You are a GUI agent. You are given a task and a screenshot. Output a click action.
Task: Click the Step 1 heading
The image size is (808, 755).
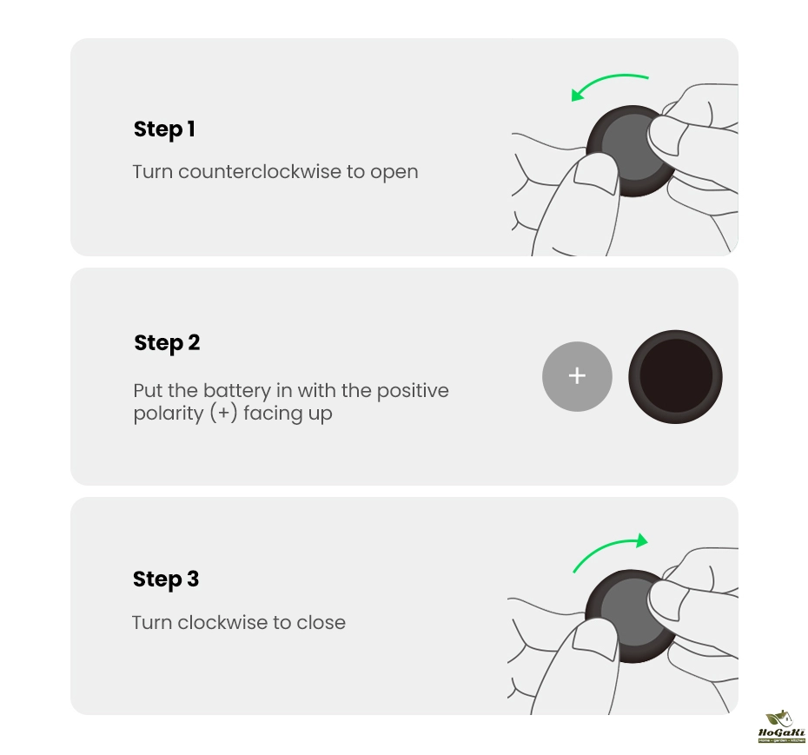click(164, 129)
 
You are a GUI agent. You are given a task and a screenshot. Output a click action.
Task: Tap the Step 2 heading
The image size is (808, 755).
click(167, 343)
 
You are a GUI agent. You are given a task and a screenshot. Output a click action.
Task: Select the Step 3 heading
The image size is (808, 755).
click(166, 579)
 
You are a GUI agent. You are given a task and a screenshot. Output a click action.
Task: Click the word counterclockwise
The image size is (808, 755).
click(260, 172)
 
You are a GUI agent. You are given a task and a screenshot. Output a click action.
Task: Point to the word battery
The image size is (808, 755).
click(237, 391)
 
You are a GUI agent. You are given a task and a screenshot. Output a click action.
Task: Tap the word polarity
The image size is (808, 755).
click(169, 414)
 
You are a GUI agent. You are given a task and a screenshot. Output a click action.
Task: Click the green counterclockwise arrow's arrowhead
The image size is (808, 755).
click(578, 95)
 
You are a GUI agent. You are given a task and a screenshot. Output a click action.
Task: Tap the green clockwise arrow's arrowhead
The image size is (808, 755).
click(641, 540)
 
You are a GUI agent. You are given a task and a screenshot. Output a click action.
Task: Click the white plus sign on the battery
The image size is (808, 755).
click(577, 375)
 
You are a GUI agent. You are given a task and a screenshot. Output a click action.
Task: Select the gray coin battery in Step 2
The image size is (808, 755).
click(577, 376)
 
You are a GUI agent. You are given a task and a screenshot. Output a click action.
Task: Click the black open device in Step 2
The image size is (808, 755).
click(675, 377)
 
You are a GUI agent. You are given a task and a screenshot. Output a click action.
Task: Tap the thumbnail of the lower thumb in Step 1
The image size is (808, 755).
click(596, 174)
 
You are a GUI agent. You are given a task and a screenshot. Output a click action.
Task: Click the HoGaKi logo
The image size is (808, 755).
click(781, 726)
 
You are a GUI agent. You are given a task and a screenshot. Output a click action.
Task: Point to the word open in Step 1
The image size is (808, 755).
click(394, 173)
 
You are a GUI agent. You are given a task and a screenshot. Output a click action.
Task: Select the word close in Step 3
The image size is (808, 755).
click(321, 623)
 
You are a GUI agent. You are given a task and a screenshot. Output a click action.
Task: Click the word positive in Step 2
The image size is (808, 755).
click(413, 391)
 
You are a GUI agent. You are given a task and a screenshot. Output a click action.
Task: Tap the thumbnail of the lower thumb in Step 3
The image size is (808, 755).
click(594, 639)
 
